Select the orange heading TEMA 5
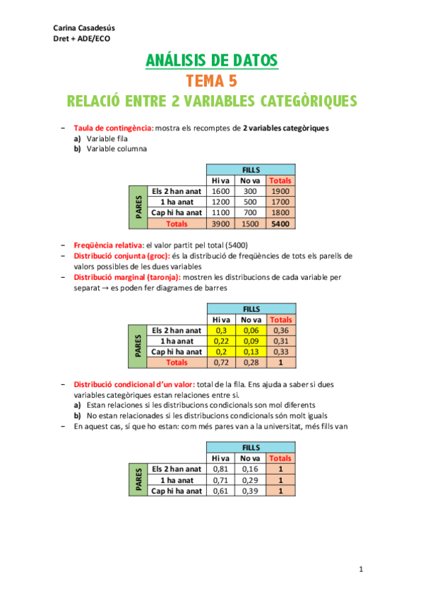pyautogui.click(x=212, y=80)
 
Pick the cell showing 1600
pyautogui.click(x=222, y=191)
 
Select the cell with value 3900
pyautogui.click(x=222, y=224)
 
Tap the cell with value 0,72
pyautogui.click(x=222, y=362)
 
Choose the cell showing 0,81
pyautogui.click(x=222, y=469)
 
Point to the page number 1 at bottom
pyautogui.click(x=361, y=568)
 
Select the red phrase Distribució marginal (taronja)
pyautogui.click(x=127, y=278)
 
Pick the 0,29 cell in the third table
pyautogui.click(x=251, y=480)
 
